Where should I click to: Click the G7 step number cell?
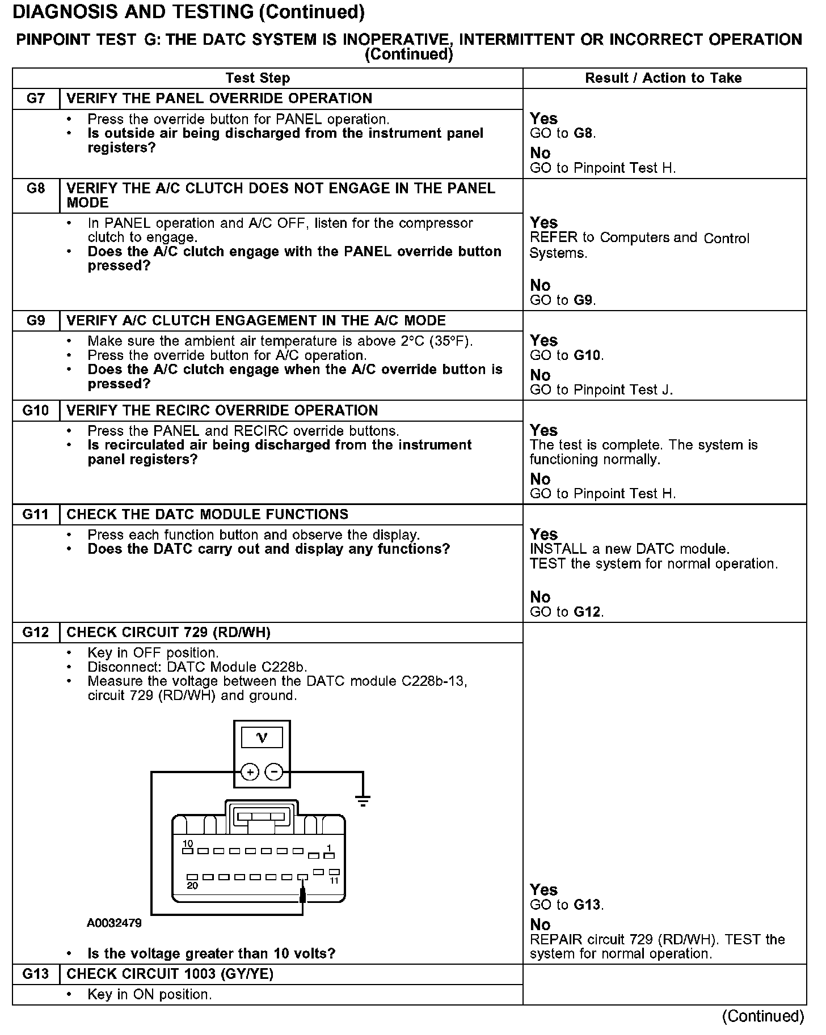point(36,99)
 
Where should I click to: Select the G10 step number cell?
point(36,410)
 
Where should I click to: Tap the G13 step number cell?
point(36,974)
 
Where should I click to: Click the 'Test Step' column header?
point(258,78)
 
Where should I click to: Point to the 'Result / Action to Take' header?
point(663,78)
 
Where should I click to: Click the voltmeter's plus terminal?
point(250,771)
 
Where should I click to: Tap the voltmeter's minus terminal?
point(274,771)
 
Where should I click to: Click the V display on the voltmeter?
point(262,737)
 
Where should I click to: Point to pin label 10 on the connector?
point(187,843)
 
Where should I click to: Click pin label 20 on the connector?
point(192,886)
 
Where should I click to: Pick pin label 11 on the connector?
point(334,880)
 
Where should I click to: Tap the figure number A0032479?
point(115,923)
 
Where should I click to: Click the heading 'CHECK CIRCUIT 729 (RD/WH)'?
point(168,633)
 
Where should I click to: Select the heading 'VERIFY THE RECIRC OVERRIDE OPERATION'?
point(222,410)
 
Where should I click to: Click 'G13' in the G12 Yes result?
point(587,905)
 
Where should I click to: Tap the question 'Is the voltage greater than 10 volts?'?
point(211,953)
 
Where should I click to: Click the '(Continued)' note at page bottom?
point(763,1016)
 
